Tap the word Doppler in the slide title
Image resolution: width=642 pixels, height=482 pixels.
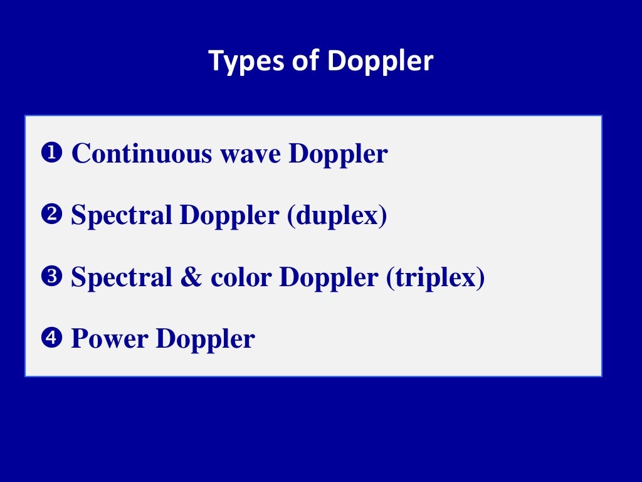pyautogui.click(x=380, y=62)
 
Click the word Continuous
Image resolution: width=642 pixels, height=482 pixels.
pyautogui.click(x=141, y=153)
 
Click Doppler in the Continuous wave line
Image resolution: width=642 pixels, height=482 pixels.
pyautogui.click(x=338, y=154)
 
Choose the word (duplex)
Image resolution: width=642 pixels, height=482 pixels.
pyautogui.click(x=337, y=216)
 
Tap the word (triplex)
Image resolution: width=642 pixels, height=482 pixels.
pyautogui.click(x=435, y=278)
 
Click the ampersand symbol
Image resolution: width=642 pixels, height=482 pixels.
pyautogui.click(x=191, y=277)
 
